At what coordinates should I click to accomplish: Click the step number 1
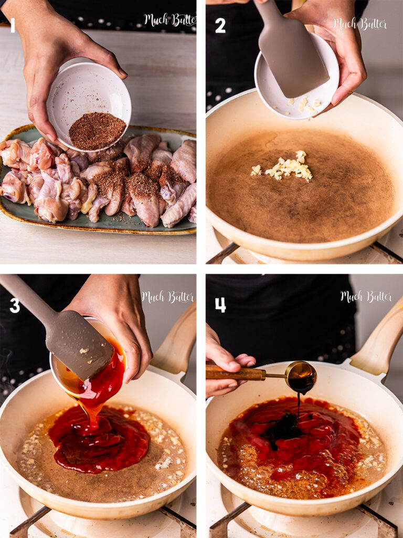pyautogui.click(x=13, y=25)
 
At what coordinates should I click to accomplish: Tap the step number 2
pyautogui.click(x=220, y=26)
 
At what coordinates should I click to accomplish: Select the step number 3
pyautogui.click(x=15, y=305)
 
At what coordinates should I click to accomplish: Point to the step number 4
pyautogui.click(x=220, y=305)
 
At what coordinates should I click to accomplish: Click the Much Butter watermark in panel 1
pyautogui.click(x=169, y=20)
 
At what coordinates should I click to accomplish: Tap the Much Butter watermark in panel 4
pyautogui.click(x=366, y=297)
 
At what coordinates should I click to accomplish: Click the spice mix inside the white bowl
pyautogui.click(x=97, y=130)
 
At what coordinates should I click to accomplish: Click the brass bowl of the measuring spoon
pyautogui.click(x=301, y=377)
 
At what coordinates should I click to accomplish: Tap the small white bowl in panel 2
pyautogui.click(x=297, y=77)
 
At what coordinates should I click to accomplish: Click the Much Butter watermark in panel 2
pyautogui.click(x=360, y=24)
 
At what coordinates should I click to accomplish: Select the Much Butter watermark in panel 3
pyautogui.click(x=168, y=297)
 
